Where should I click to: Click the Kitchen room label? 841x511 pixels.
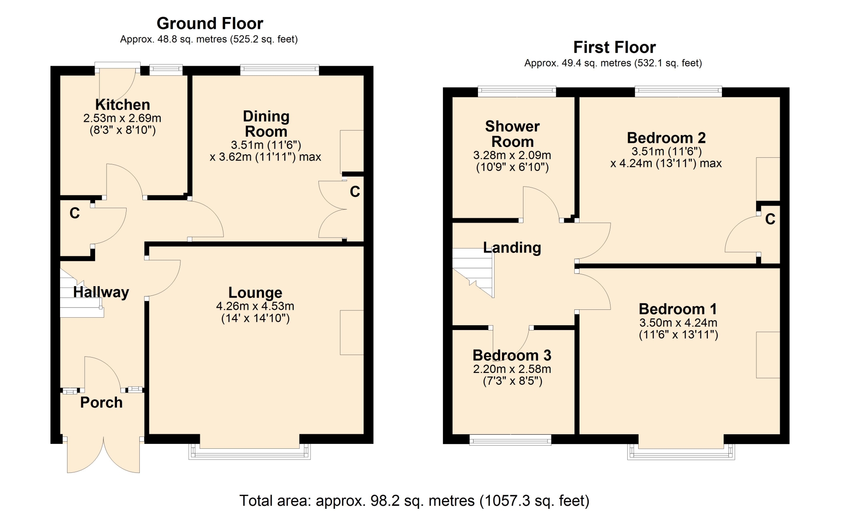123,105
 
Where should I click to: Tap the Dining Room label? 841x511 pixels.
266,124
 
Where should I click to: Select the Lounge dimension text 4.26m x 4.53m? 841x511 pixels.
255,306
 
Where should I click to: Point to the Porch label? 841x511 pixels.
101,402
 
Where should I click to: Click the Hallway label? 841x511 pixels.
101,292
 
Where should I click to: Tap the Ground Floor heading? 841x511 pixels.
210,23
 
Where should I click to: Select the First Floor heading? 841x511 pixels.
615,47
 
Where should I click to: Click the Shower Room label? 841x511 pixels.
512,134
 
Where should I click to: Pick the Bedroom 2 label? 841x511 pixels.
666,138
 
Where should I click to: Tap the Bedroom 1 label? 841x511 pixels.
678,309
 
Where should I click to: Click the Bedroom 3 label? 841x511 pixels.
512,355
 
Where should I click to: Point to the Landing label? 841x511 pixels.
512,248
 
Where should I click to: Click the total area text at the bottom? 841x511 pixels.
414,500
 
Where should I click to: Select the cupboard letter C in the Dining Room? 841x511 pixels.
355,192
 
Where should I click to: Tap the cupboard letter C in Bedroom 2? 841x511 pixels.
770,219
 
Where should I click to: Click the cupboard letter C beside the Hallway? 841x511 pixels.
74,213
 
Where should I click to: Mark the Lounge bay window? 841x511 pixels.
250,451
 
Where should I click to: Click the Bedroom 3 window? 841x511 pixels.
510,440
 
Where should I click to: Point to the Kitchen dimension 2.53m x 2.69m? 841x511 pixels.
122,118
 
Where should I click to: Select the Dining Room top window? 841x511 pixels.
279,70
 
